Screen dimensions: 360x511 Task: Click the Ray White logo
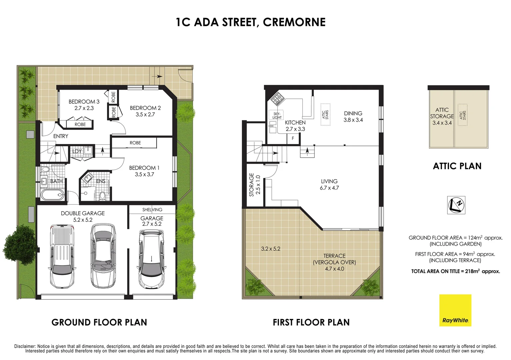click(x=455, y=310)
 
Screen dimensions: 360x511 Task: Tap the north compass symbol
click(x=456, y=205)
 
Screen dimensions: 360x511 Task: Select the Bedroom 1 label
click(x=144, y=171)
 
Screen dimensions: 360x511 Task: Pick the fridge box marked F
click(x=293, y=138)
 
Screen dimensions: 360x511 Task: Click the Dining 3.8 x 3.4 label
click(x=353, y=117)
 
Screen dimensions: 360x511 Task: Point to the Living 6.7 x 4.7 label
click(x=329, y=184)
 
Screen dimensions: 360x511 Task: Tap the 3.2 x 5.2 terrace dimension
click(x=270, y=248)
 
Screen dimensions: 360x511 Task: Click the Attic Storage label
click(x=442, y=116)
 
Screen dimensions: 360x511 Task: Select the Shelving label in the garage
click(x=152, y=210)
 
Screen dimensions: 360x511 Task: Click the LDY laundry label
click(x=77, y=151)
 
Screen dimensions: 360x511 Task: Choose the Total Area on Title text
click(x=455, y=271)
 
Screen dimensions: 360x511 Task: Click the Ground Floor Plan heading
click(x=99, y=322)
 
